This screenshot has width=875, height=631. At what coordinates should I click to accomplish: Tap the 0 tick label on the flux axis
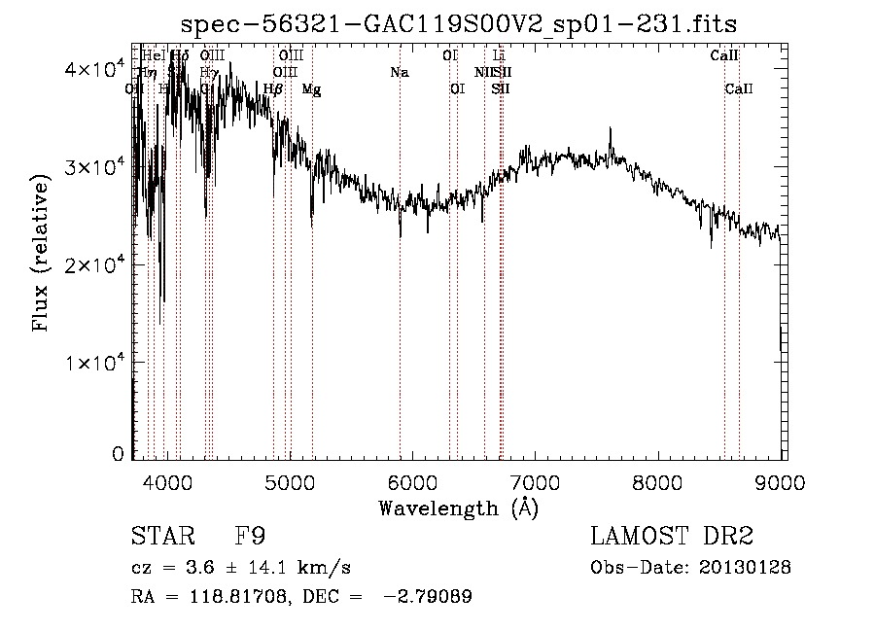point(118,454)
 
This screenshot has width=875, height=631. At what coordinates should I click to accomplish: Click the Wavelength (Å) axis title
point(458,508)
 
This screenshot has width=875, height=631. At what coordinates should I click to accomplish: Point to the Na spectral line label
point(399,73)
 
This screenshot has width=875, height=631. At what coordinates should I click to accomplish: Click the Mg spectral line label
point(311,89)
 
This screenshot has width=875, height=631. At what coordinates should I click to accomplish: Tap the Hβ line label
point(273,89)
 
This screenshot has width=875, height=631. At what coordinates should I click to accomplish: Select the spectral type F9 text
point(251,537)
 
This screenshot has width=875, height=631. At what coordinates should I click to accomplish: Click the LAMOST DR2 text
point(672,537)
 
